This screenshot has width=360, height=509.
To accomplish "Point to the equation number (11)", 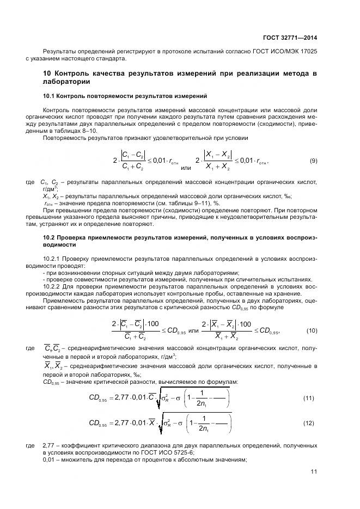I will [x=309, y=398].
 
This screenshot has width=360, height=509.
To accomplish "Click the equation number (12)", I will [x=309, y=422].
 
